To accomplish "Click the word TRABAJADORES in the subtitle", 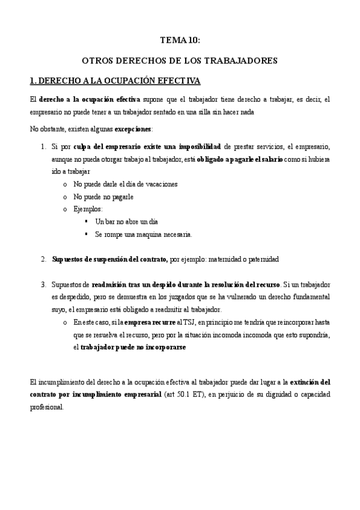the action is [x=243, y=61].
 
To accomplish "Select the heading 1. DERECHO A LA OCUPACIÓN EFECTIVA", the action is [x=115, y=80].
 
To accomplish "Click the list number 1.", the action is [x=44, y=146].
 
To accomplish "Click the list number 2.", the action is [x=44, y=259].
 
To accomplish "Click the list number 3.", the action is [x=44, y=283].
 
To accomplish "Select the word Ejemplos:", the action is [x=88, y=209].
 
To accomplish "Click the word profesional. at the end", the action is [x=46, y=407].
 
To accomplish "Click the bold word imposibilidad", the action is [x=196, y=146].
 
